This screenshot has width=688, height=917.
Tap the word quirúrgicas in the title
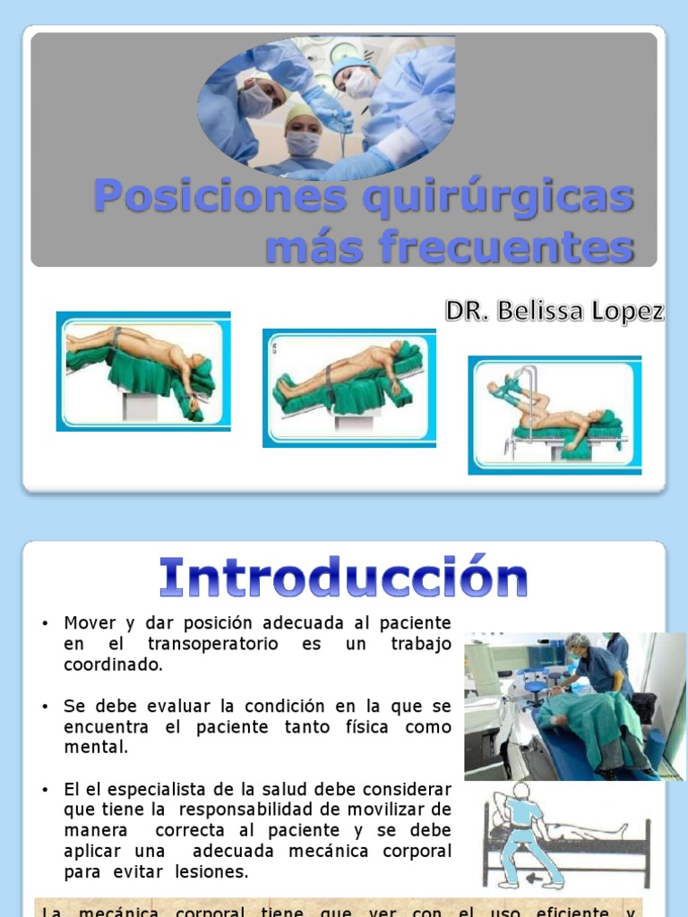pyautogui.click(x=498, y=196)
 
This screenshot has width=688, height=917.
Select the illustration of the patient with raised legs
pyautogui.click(x=555, y=415)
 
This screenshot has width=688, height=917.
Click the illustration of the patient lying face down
pyautogui.click(x=143, y=371)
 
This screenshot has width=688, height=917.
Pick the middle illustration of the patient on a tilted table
pyautogui.click(x=348, y=388)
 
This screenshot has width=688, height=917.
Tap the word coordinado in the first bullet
pyautogui.click(x=113, y=665)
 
